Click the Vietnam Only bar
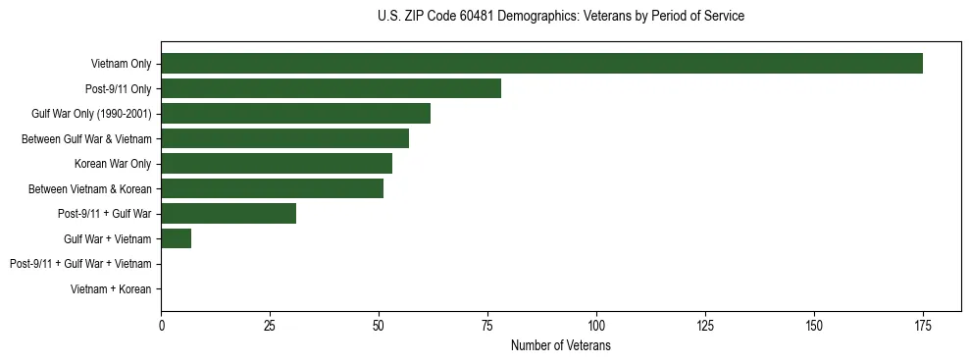541,64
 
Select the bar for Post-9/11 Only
331,88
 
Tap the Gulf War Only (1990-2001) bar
295,114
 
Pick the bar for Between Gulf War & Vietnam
284,138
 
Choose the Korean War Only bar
277,164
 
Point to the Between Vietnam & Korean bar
272,188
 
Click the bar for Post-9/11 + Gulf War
229,214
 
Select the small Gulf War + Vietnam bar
176,238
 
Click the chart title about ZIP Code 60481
560,17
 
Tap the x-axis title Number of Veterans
560,345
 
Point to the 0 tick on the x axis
161,325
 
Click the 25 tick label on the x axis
270,325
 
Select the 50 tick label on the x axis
379,325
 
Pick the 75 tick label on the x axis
487,325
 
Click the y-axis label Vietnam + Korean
111,289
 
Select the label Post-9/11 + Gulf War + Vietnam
80,264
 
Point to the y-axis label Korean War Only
113,164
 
